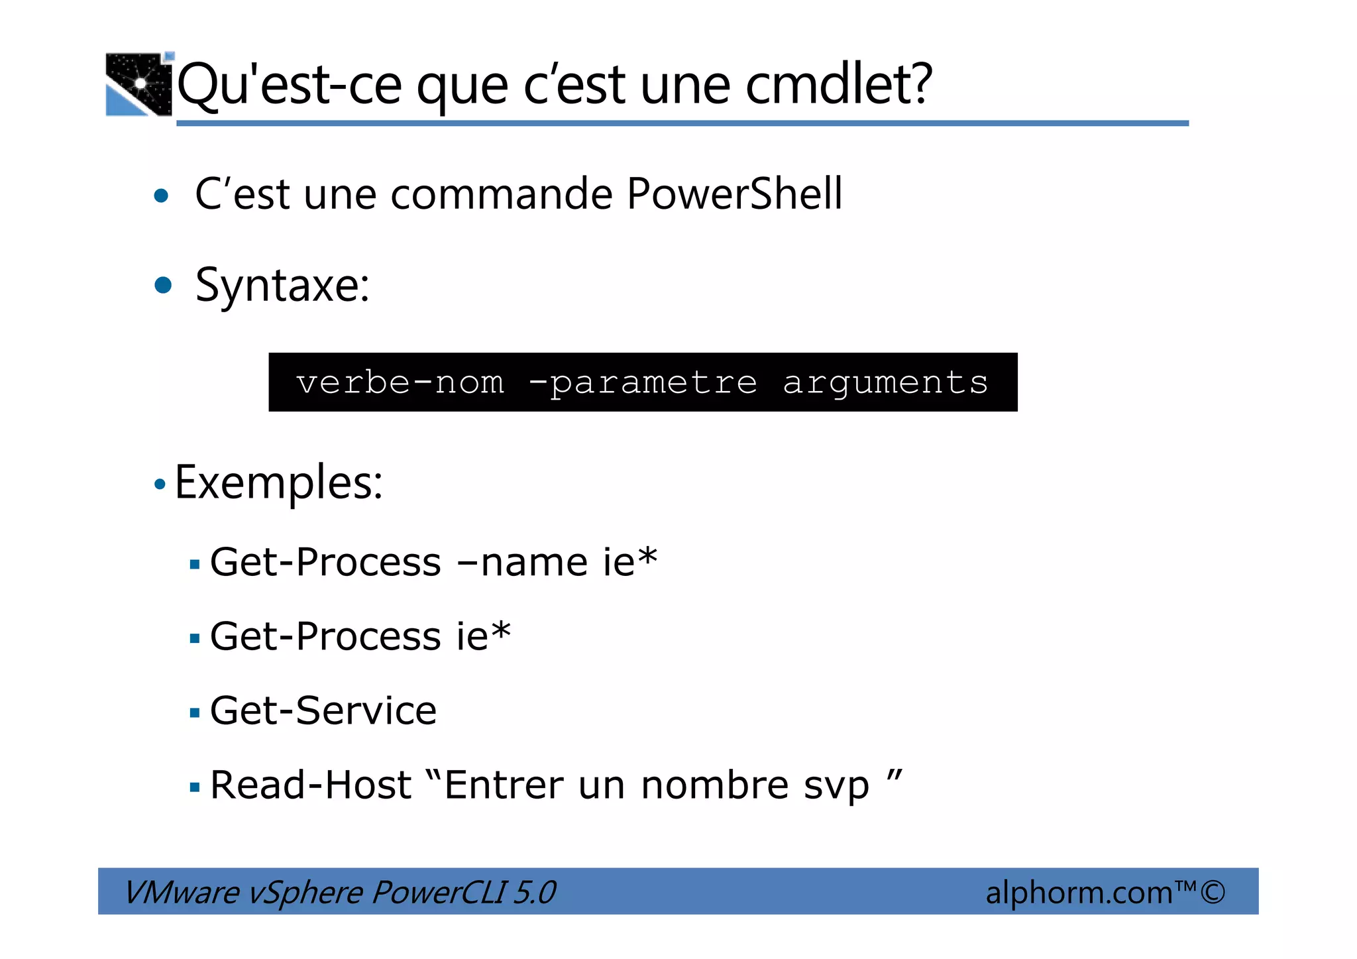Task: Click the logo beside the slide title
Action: click(139, 84)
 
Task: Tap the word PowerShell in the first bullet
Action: click(734, 194)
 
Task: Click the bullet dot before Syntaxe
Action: click(162, 286)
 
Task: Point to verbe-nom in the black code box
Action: click(400, 382)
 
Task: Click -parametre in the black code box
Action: click(643, 382)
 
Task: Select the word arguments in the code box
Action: click(885, 382)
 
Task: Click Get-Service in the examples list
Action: click(323, 710)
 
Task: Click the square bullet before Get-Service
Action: click(194, 713)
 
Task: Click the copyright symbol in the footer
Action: click(1213, 892)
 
